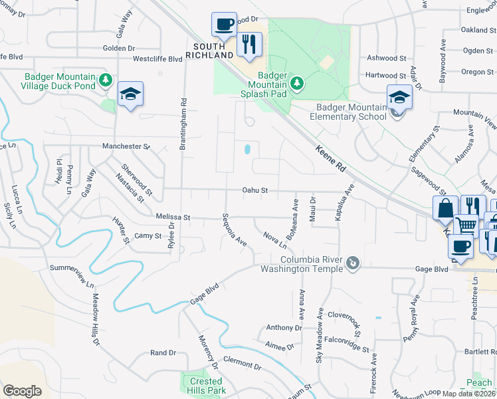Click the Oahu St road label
pos(254,190)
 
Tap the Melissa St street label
pos(173,217)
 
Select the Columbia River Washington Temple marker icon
pos(353,264)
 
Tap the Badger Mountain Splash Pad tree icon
pos(298,82)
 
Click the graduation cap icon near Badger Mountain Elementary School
pos(399,97)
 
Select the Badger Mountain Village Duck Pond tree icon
pos(105,80)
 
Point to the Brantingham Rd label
pos(181,122)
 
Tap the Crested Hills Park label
pos(205,386)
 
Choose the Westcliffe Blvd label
pos(157,59)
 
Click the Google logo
pos(22,391)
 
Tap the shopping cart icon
pos(466,226)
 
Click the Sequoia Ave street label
pos(235,230)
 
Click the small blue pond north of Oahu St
pos(247,150)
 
